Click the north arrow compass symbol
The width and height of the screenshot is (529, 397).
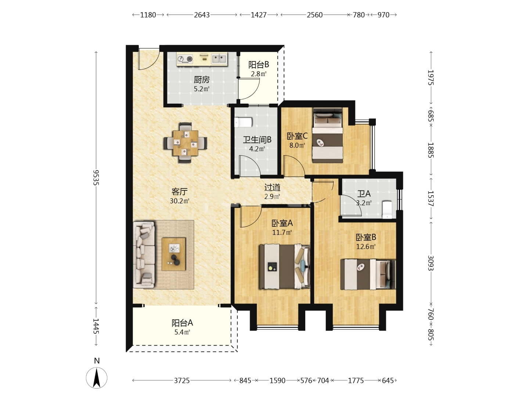tap(97, 378)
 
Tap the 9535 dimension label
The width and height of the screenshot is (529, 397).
tap(96, 178)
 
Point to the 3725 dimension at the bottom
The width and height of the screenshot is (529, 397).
tap(182, 380)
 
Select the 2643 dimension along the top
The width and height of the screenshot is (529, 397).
tap(202, 15)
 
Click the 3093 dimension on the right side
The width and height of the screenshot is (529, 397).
tap(431, 263)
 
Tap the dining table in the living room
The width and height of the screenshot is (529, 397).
tap(185, 143)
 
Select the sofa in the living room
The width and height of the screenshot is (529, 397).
tap(144, 255)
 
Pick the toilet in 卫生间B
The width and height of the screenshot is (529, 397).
tap(243, 122)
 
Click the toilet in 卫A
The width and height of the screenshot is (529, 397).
tap(387, 210)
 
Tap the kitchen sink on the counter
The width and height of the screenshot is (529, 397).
tap(219, 58)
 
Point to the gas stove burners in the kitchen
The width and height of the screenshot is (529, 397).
tap(185, 58)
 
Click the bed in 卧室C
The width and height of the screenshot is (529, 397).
tap(328, 135)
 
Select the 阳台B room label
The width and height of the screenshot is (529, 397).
tap(259, 65)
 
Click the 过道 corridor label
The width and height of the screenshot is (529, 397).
tap(272, 187)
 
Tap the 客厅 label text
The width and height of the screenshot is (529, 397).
tap(180, 192)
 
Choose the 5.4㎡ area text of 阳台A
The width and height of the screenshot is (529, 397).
tap(182, 332)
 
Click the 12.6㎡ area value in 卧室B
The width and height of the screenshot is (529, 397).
tap(366, 247)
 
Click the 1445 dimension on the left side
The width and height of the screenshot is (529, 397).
tap(96, 326)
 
